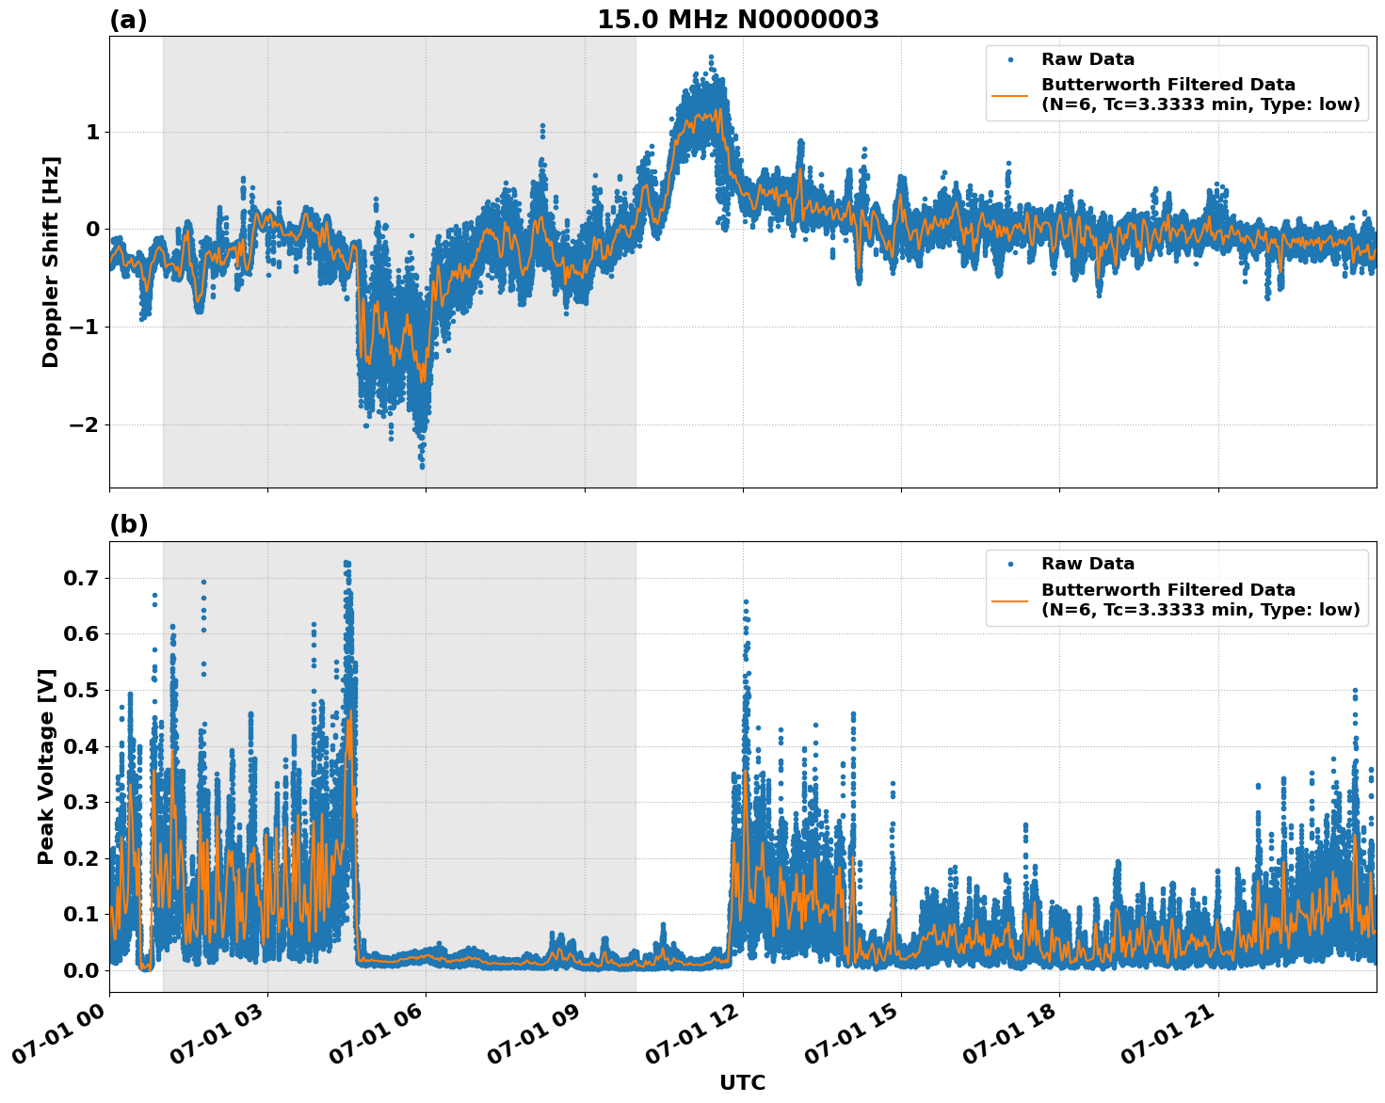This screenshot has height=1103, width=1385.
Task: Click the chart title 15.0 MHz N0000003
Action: click(x=737, y=20)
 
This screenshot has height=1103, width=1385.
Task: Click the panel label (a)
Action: click(x=128, y=20)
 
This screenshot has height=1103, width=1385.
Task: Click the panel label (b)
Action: click(x=128, y=524)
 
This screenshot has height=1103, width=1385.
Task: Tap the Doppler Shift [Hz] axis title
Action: click(x=51, y=262)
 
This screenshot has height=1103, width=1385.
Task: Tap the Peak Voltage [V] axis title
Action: click(x=46, y=766)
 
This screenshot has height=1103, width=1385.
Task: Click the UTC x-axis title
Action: click(x=742, y=1082)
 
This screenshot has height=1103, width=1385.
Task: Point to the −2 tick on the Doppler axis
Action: click(x=84, y=425)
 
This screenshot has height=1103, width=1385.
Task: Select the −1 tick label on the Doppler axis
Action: click(x=84, y=328)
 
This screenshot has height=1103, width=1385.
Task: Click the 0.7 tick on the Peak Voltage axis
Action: click(x=80, y=578)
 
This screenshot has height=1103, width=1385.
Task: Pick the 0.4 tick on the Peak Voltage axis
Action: click(x=80, y=746)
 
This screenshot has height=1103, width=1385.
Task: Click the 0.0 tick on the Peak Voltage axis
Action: click(x=80, y=970)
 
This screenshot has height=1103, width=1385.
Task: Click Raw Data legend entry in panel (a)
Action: click(x=1087, y=59)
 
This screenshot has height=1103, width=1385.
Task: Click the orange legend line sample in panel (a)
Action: click(x=1009, y=94)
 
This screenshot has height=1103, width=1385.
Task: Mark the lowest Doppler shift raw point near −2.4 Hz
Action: click(x=422, y=466)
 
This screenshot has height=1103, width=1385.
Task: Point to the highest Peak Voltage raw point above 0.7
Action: click(x=346, y=563)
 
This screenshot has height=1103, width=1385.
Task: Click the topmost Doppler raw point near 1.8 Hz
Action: click(x=711, y=57)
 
